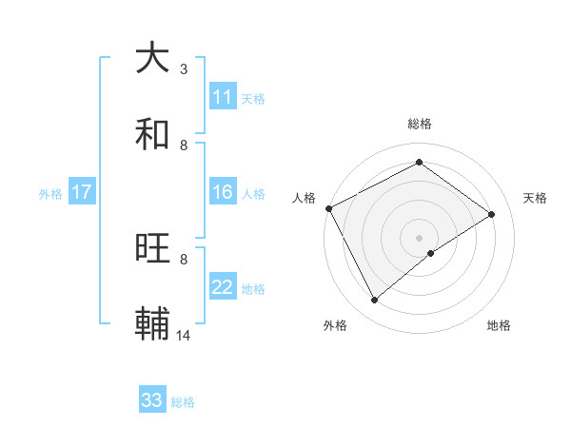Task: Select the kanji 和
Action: [153, 134]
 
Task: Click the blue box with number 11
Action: [223, 97]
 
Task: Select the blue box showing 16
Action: [223, 192]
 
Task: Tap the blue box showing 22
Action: [223, 287]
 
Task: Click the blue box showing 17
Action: [82, 192]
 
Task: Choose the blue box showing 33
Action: [152, 400]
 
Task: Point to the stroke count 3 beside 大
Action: [184, 69]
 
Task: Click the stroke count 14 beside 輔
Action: [184, 336]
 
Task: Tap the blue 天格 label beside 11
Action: [253, 99]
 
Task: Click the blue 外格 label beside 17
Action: [50, 194]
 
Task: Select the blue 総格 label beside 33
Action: [183, 402]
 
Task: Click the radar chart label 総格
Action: [420, 125]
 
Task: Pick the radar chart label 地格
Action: [499, 325]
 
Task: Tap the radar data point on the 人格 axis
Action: [328, 208]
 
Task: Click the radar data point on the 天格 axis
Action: [492, 215]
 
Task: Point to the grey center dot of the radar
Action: [420, 238]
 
